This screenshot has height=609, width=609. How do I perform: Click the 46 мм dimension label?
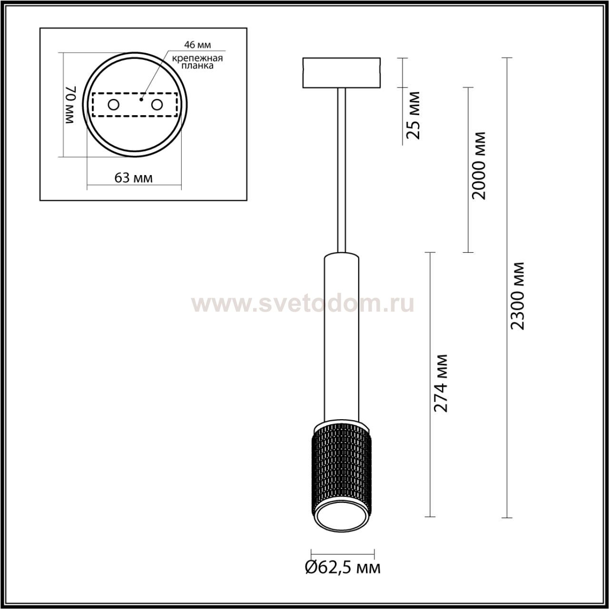pos(197,45)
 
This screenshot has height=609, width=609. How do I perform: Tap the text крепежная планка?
pos(197,62)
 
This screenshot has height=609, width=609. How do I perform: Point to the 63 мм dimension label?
pos(133,178)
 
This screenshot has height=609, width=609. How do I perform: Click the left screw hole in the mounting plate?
pos(113,105)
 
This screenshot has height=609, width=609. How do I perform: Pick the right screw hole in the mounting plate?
pos(157,105)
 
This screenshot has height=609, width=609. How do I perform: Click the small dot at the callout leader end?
pos(141,99)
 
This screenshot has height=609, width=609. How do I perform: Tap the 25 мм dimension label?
pos(413,115)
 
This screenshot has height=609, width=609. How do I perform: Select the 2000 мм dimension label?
pos(478,165)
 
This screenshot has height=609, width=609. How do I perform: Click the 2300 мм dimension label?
pos(518,296)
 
